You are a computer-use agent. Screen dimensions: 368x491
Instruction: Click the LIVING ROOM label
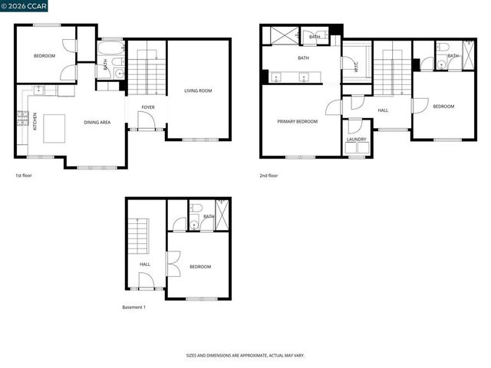(x=198, y=91)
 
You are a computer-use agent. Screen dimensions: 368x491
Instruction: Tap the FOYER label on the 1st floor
(x=148, y=107)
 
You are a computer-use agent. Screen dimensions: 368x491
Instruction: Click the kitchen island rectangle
(x=54, y=128)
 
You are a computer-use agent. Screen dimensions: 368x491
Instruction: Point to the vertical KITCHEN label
(x=35, y=122)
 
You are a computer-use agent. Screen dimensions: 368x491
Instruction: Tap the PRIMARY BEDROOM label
(x=298, y=121)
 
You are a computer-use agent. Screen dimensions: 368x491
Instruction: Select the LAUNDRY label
(x=356, y=140)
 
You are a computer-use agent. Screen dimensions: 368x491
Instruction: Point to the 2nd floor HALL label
(x=384, y=110)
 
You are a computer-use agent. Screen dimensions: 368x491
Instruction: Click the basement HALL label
(x=145, y=264)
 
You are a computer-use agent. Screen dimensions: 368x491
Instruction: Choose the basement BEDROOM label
(x=200, y=266)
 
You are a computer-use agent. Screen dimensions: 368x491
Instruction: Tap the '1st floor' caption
(x=23, y=176)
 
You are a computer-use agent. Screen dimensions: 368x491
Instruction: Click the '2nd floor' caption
(x=269, y=176)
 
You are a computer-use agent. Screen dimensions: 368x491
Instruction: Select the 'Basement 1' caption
(x=133, y=307)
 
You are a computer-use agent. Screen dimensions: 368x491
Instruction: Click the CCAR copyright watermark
(x=25, y=7)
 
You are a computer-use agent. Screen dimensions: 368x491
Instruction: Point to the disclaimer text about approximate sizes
(x=245, y=356)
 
